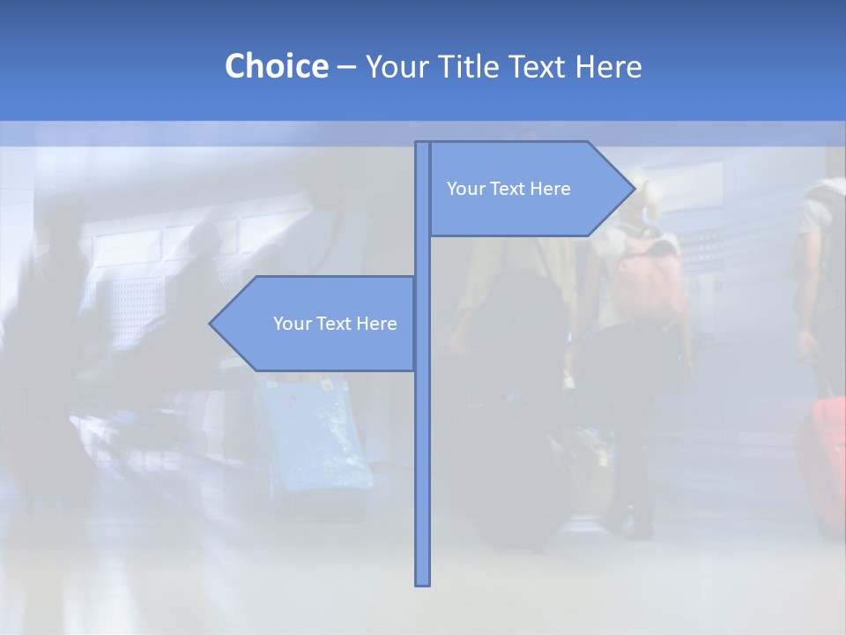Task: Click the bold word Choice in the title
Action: (x=276, y=66)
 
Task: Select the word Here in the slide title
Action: (x=608, y=66)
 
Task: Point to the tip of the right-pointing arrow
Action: (x=634, y=188)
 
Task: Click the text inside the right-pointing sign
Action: (x=508, y=189)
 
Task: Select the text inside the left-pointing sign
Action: (x=335, y=324)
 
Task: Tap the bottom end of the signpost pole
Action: (x=423, y=582)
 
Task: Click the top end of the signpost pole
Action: (x=423, y=145)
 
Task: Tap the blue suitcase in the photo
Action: (x=317, y=437)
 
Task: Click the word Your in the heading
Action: (x=392, y=66)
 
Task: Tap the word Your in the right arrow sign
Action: (x=464, y=189)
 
